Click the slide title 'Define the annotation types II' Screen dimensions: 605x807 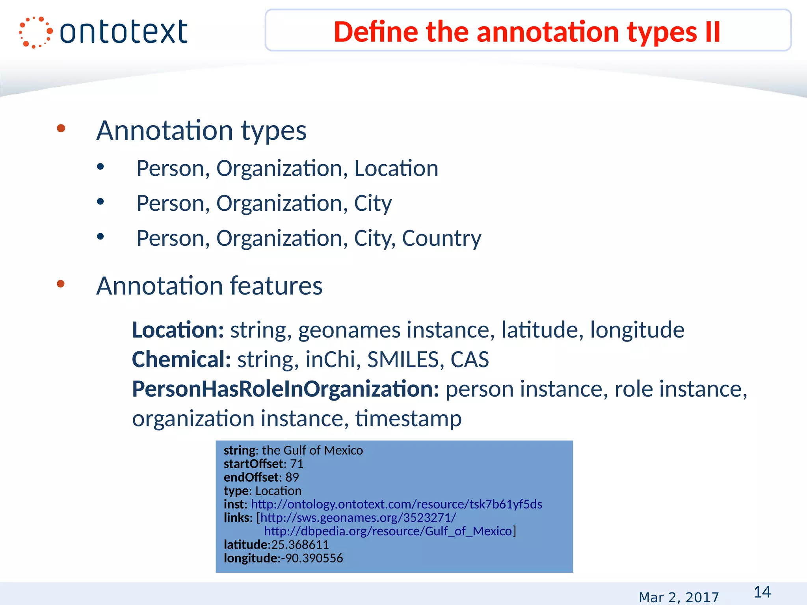527,32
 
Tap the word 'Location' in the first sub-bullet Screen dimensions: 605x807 396,169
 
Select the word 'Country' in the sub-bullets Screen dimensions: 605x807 441,238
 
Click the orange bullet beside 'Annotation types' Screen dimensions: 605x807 61,128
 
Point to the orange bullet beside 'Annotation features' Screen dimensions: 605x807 61,284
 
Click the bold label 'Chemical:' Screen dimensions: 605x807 181,359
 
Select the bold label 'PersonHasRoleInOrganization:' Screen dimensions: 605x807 285,389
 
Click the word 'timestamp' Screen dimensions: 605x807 408,418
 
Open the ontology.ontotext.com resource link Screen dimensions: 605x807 396,504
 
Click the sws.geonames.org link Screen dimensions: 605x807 358,518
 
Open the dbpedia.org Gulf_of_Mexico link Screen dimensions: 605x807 388,531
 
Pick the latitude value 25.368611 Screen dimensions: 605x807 300,545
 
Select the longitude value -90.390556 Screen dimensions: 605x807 312,558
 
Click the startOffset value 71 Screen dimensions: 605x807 297,464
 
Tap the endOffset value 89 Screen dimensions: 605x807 292,477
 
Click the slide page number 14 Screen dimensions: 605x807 762,592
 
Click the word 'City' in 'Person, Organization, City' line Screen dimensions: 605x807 373,204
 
